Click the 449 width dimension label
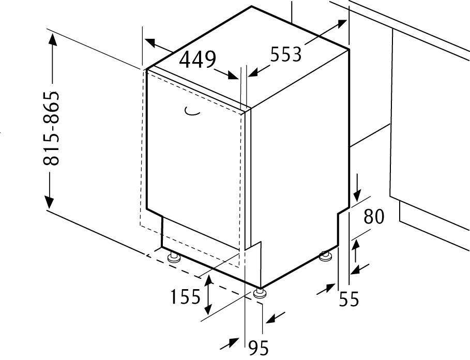tap(197, 59)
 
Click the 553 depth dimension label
tap(285, 54)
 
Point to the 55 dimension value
tap(349, 298)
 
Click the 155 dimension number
tap(185, 297)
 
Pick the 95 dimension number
tap(259, 348)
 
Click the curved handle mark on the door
tap(192, 111)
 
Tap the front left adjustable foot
tap(173, 258)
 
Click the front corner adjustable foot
tap(260, 293)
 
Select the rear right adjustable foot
tap(325, 256)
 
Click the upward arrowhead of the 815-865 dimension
tap(53, 39)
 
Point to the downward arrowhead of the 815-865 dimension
tap(49, 202)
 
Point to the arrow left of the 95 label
tap(230, 343)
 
